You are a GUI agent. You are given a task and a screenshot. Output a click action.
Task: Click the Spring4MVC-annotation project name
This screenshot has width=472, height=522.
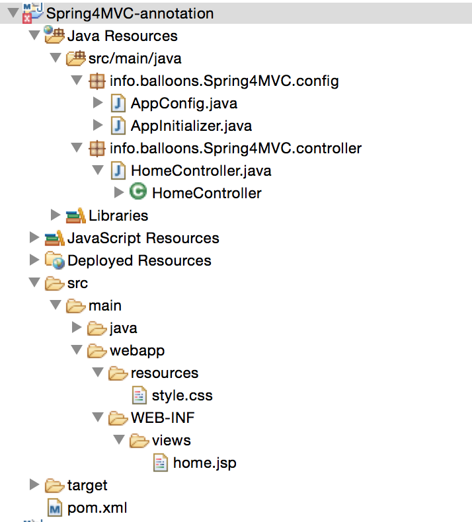[130, 13]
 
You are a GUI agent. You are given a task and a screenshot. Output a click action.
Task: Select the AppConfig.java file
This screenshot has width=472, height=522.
[184, 103]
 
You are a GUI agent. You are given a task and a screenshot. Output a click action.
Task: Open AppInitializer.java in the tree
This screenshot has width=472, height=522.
[191, 126]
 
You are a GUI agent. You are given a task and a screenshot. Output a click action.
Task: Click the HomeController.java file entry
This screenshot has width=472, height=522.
[201, 170]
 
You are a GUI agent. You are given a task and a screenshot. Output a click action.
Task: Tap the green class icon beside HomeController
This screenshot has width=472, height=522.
[138, 192]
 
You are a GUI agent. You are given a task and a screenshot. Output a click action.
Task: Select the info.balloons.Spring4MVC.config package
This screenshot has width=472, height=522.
[224, 81]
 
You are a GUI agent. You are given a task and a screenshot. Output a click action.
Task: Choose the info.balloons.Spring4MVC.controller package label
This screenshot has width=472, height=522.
[235, 148]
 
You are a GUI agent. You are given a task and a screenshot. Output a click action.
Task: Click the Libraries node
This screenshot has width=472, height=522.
[118, 215]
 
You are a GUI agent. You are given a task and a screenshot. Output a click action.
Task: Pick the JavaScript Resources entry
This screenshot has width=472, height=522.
[143, 238]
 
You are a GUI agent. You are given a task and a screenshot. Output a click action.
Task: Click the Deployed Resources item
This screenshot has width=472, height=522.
[139, 260]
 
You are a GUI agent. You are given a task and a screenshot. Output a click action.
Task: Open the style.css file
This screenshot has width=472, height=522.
[182, 396]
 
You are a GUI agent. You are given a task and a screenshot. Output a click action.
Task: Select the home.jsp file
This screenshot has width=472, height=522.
[204, 463]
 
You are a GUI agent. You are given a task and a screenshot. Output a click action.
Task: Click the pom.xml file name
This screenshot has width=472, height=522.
[97, 508]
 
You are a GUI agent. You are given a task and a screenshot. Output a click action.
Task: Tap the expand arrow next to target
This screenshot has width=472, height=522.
[34, 486]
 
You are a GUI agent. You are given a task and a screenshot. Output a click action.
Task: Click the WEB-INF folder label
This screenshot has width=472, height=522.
[163, 418]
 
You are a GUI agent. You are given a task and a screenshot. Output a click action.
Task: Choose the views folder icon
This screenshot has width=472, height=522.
[139, 440]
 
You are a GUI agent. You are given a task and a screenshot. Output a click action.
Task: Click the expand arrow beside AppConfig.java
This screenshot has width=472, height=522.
[98, 103]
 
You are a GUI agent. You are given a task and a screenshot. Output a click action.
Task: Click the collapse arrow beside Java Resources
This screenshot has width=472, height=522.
[34, 36]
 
